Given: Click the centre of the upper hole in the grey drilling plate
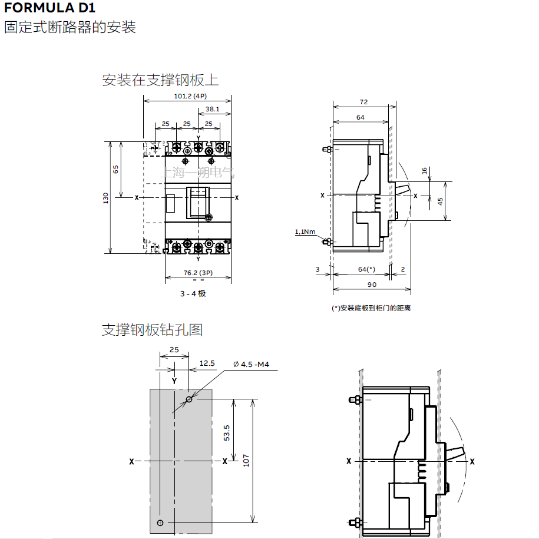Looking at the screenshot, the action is tap(189, 399).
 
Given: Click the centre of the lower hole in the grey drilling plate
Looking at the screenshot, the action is tap(160, 523).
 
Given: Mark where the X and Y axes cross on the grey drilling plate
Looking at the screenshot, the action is tap(174, 461).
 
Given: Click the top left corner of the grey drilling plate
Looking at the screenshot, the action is tap(150, 389).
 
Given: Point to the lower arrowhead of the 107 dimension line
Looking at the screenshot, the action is tap(253, 520).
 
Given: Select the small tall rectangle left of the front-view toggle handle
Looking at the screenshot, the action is tap(170, 203).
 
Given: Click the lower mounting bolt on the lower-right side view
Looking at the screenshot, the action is tap(355, 523).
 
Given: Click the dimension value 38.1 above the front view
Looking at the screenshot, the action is tap(213, 109).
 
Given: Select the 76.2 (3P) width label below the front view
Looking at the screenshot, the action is tap(198, 273).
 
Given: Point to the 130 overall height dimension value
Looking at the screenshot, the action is tap(105, 198).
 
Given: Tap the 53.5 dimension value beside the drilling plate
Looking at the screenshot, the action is tap(227, 433).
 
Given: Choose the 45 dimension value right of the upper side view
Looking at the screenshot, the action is tap(441, 201).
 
